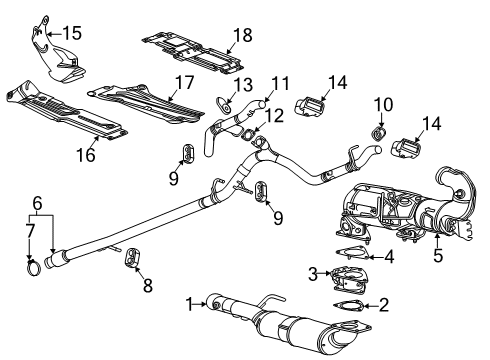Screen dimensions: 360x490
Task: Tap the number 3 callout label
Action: (x=312, y=273)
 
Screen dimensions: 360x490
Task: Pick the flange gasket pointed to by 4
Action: (x=349, y=256)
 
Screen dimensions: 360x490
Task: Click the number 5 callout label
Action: (x=437, y=255)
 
